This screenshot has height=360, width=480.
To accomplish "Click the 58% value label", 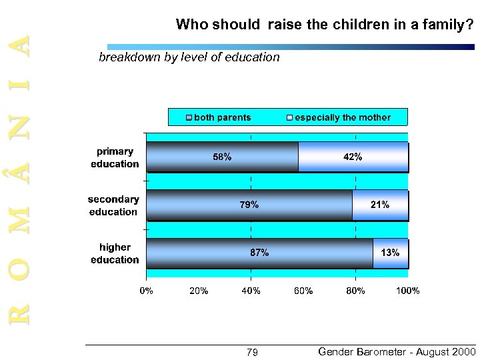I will pos(222,158).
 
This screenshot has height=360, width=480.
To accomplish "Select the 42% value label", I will pos(353,157).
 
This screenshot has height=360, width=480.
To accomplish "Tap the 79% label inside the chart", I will pos(249,205).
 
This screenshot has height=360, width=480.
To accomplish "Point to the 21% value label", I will pos(380,205).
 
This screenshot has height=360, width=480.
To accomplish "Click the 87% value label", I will pos(259,253).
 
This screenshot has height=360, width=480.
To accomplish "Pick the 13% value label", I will pos(390,253).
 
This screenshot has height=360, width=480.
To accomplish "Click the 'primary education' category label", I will pos(115,158).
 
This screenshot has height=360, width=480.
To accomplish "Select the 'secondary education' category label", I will pos(113,205).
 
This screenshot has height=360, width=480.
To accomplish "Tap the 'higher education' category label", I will pos(115,253).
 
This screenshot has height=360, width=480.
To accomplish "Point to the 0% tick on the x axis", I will pos(146,291).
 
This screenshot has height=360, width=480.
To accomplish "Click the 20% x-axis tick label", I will pos(199,291).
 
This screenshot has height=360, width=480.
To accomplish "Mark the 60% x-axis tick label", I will pos(303,291).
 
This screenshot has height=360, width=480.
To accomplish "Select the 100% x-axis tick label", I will pos(407,291).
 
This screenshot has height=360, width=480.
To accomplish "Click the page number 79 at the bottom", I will pos(252,352).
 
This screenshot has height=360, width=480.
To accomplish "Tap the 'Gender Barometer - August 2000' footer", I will pos(397,351).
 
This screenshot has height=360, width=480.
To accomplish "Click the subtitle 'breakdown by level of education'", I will pos(189,57).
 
